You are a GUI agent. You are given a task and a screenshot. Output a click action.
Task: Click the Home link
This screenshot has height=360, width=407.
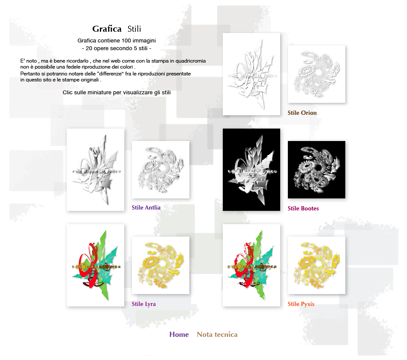(x=179, y=334)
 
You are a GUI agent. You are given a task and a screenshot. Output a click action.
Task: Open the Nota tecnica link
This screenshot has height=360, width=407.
(x=217, y=334)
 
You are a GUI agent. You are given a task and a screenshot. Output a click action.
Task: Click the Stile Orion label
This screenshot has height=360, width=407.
(x=302, y=113)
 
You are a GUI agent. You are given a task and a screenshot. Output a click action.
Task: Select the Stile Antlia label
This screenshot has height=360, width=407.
(x=146, y=207)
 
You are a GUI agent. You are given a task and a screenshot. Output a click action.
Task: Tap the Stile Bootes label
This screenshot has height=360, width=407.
(x=303, y=208)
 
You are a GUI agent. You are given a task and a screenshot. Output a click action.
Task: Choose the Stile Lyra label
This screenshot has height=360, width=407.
(x=144, y=304)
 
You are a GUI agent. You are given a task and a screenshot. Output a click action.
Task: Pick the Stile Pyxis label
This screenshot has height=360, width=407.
(x=301, y=304)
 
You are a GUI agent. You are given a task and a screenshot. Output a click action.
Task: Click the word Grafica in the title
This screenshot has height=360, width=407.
(x=107, y=29)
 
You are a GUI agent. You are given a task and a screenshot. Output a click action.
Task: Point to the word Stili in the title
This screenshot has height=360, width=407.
(x=134, y=29)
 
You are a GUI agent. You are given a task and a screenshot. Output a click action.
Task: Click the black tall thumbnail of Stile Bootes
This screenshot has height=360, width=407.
(x=251, y=170)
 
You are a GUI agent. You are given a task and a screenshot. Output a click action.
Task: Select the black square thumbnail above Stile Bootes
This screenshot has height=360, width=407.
(x=317, y=170)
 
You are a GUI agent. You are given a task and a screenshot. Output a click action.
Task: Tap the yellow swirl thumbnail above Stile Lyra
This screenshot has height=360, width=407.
(x=160, y=265)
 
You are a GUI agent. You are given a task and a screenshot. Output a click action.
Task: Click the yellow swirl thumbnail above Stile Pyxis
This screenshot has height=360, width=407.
(x=317, y=265)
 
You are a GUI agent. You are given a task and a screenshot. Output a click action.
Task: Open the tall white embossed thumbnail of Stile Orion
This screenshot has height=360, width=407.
(x=251, y=74)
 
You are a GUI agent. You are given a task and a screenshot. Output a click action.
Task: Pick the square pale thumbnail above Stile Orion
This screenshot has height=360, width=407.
(x=317, y=74)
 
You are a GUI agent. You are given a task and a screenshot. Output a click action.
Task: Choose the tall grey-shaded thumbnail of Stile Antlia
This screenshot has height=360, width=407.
(x=95, y=170)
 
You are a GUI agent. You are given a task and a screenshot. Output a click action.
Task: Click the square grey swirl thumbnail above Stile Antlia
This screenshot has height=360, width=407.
(x=160, y=170)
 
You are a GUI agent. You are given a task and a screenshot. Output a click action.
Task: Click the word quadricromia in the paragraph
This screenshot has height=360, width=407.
(x=191, y=61)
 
